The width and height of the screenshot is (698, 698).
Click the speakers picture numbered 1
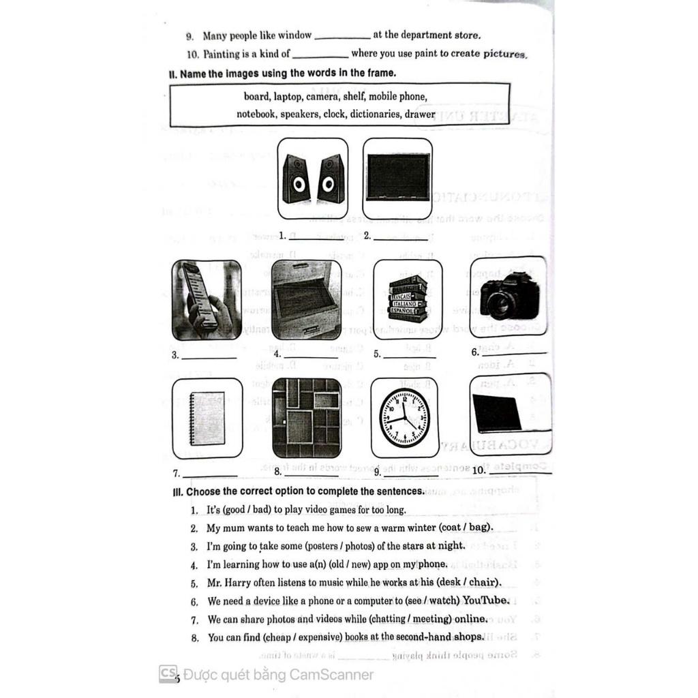tap(313, 178)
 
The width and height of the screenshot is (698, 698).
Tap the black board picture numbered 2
tap(397, 177)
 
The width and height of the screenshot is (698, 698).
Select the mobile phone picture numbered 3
tap(207, 300)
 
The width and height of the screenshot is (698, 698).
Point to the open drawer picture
tap(306, 300)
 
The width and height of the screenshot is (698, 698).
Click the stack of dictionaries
tap(408, 300)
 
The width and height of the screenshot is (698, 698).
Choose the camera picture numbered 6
tap(509, 297)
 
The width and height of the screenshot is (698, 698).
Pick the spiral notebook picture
tap(207, 418)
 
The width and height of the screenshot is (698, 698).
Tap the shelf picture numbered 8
tap(306, 418)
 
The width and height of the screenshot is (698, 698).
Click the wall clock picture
tap(405, 417)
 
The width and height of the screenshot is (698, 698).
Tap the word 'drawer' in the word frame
tap(419, 114)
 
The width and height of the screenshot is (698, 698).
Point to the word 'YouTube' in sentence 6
tap(485, 601)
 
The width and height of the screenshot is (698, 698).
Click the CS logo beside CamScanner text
tap(168, 673)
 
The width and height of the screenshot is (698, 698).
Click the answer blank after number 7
tap(210, 474)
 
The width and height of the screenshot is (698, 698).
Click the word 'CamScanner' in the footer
tap(332, 675)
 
